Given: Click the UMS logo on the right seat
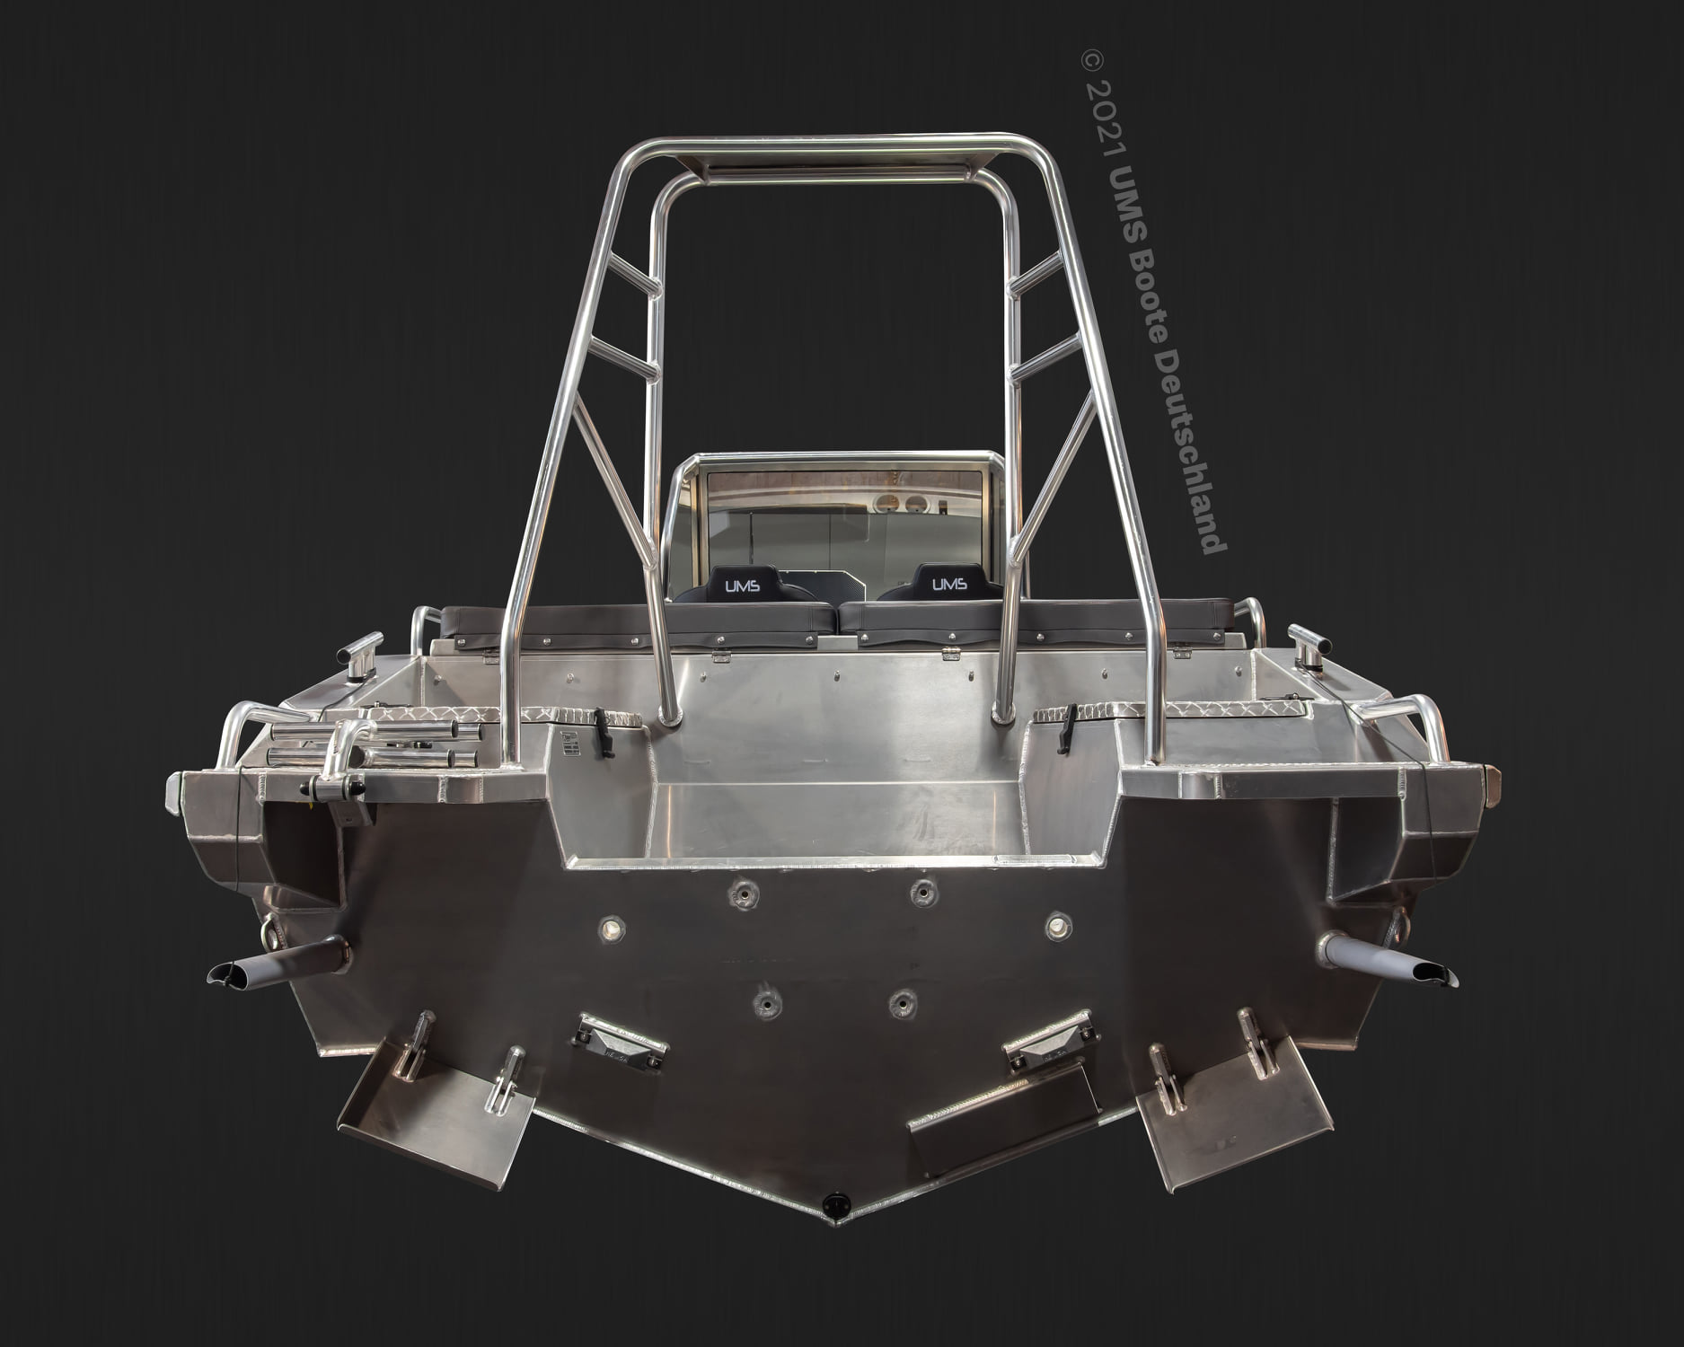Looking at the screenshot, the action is pyautogui.click(x=949, y=585).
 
